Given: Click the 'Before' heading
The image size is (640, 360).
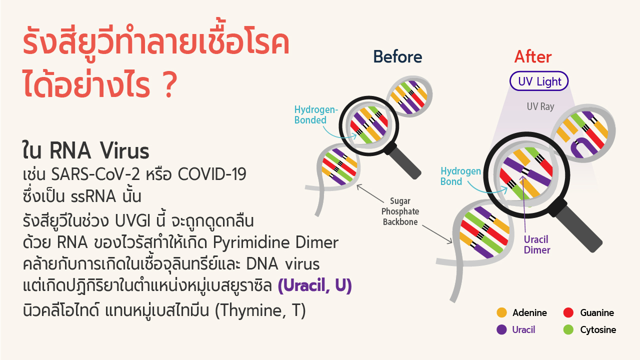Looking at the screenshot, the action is pyautogui.click(x=397, y=56).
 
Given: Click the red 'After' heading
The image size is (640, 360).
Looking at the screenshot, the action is pyautogui.click(x=533, y=56).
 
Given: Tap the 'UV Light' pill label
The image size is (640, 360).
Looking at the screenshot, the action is pyautogui.click(x=539, y=81).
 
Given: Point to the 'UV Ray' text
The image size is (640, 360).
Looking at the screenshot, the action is pyautogui.click(x=540, y=106).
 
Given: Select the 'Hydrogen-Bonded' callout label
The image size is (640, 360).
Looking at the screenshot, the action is pyautogui.click(x=316, y=115).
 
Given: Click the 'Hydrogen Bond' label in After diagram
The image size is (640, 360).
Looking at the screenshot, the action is pyautogui.click(x=460, y=176).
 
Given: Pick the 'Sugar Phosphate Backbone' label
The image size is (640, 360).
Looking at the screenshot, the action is pyautogui.click(x=400, y=211).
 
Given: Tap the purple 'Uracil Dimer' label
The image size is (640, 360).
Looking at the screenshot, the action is pyautogui.click(x=536, y=245).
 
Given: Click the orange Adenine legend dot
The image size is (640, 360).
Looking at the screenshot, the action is pyautogui.click(x=501, y=312).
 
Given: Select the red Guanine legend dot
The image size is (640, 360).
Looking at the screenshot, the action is pyautogui.click(x=568, y=312).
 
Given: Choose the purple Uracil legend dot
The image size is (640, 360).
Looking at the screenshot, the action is pyautogui.click(x=501, y=329).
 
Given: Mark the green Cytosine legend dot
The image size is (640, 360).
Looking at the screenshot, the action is pyautogui.click(x=568, y=329).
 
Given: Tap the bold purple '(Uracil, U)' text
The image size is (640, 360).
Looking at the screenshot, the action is pyautogui.click(x=315, y=285).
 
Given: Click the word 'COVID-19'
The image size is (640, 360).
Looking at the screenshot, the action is pyautogui.click(x=212, y=174).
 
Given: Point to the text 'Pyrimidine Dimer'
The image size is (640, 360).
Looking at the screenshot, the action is pyautogui.click(x=275, y=242).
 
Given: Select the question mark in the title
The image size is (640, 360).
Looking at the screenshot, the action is pyautogui.click(x=170, y=84).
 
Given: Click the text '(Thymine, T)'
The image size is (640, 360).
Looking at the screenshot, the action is pyautogui.click(x=260, y=310).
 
